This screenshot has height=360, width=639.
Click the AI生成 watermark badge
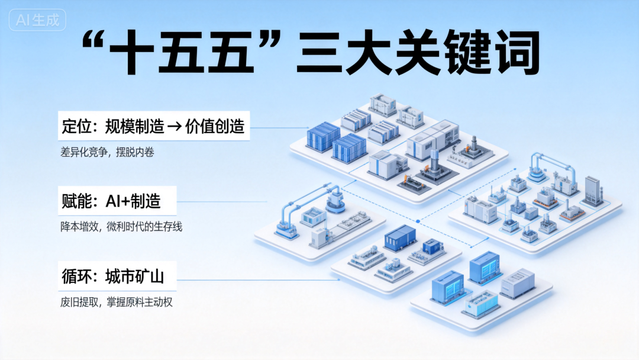point(38,21)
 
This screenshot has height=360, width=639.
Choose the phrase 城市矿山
point(134,276)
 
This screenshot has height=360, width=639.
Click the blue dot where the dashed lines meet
point(418,221)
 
